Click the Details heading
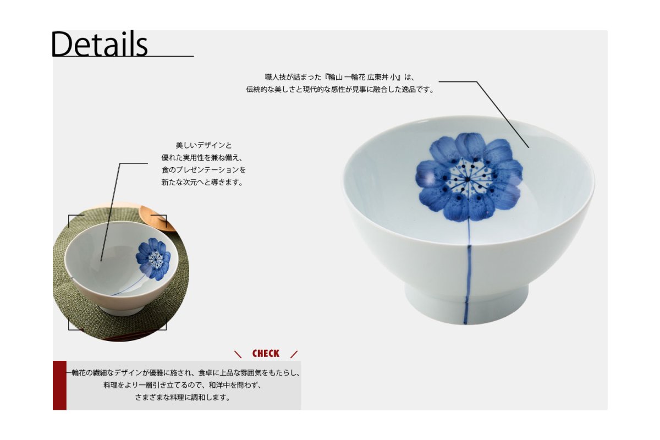pos(100,43)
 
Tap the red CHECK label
pos(266,353)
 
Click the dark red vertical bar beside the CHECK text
pos(59,385)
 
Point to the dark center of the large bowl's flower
pos(468,179)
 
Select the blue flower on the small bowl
pos(153,258)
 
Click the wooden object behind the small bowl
pos(156,217)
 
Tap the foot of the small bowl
pos(121,310)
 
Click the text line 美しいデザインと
pos(204,145)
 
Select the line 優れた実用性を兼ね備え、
pos(202,158)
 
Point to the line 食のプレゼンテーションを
pos(204,170)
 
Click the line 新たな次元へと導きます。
pos(202,183)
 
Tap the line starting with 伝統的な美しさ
pos(340,89)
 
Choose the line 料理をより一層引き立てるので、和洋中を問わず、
pos(183,385)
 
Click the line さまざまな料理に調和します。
pos(183,398)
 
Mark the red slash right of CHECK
pos(294,354)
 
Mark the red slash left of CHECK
pos(238,354)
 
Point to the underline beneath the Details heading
pos(123,56)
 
